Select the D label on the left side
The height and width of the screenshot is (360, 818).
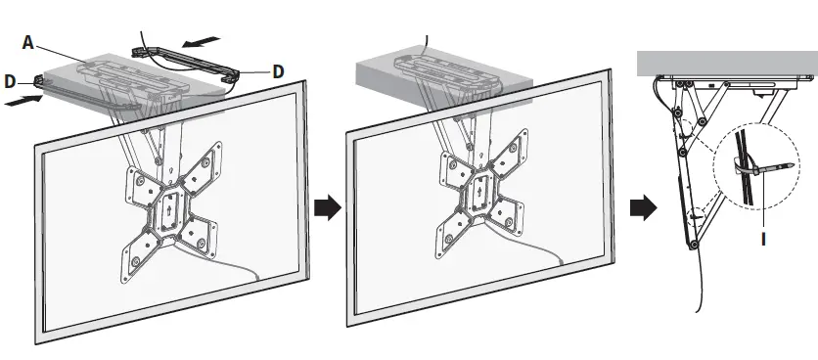10,81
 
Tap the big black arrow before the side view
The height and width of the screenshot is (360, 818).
644,207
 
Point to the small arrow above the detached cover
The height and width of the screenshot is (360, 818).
203,41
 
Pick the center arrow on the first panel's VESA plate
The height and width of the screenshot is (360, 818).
167,207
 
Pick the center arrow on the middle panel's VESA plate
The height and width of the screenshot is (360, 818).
479,207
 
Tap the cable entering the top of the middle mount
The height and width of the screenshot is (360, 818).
426,43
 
